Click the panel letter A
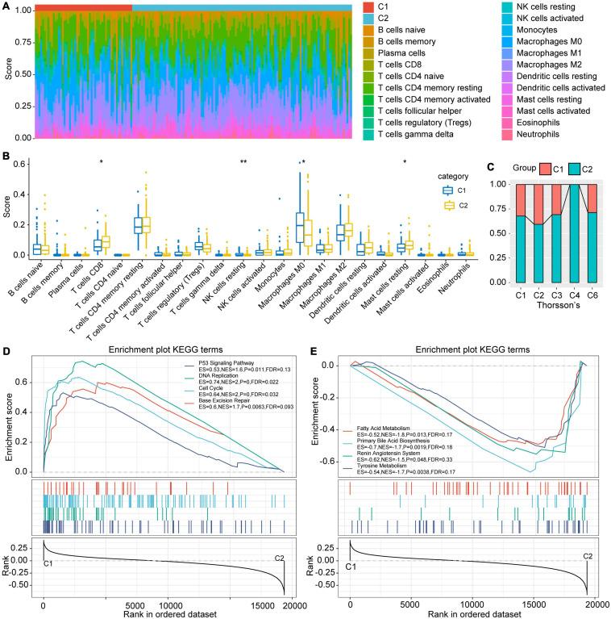(x=8, y=6)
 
